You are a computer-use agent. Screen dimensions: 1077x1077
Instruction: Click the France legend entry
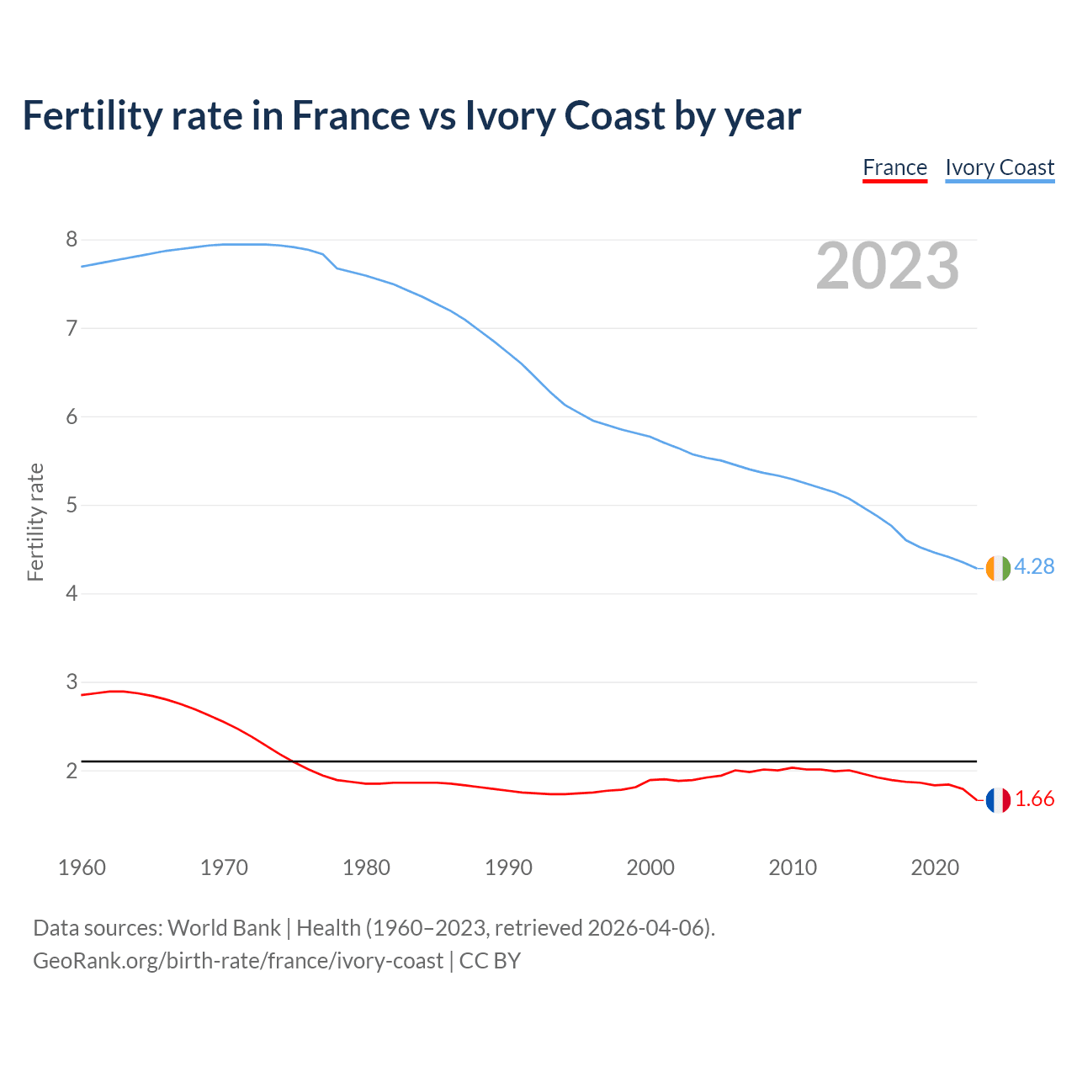pos(894,167)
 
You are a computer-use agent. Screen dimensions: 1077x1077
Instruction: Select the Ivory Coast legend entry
pos(1000,167)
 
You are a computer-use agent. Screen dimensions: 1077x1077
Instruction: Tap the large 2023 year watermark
pos(888,266)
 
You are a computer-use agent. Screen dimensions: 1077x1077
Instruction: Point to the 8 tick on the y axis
pos(72,240)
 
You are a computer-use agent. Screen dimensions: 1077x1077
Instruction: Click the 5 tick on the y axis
pos(72,506)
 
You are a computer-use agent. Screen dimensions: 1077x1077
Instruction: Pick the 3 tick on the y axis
pos(72,682)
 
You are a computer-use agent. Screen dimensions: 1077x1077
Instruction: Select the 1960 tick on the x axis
pos(82,867)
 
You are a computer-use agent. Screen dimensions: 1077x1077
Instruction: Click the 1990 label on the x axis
pos(508,867)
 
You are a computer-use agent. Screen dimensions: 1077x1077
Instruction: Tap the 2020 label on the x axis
pos(935,867)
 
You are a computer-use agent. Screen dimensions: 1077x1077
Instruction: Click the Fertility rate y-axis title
pos(35,522)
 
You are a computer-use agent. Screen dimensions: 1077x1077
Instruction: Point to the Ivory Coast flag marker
pos(997,568)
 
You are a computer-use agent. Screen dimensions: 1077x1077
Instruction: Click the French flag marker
pos(997,800)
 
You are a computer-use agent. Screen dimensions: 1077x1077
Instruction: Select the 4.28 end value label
pos(1034,566)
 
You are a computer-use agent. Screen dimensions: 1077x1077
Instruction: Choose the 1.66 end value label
pos(1034,799)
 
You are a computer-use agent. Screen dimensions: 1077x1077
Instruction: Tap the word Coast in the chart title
pos(615,115)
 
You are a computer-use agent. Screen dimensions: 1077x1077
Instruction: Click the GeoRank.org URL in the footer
pos(237,961)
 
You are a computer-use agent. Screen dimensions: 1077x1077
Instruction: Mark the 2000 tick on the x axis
pos(650,867)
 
